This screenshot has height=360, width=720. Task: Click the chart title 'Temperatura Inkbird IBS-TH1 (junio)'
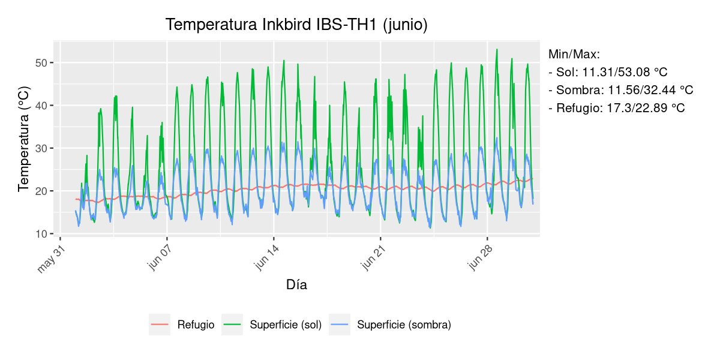[x=296, y=25]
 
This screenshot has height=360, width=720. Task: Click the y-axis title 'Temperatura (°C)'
[x=23, y=139]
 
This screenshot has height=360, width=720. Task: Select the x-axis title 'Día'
[x=296, y=285]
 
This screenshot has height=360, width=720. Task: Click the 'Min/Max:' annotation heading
[x=574, y=55]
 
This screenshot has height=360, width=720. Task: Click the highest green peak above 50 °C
[x=497, y=50]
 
